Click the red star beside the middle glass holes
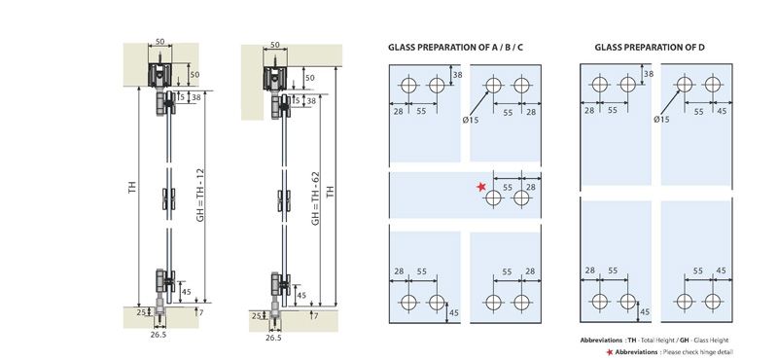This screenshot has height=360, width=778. [x=480, y=186]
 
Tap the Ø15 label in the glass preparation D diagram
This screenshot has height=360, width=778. [x=660, y=119]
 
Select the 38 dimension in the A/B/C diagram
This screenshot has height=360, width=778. [x=457, y=75]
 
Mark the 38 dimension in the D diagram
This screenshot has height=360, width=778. [x=649, y=75]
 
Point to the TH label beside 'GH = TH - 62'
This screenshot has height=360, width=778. [x=331, y=193]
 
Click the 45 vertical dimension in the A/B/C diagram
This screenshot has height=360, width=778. [x=453, y=312]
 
